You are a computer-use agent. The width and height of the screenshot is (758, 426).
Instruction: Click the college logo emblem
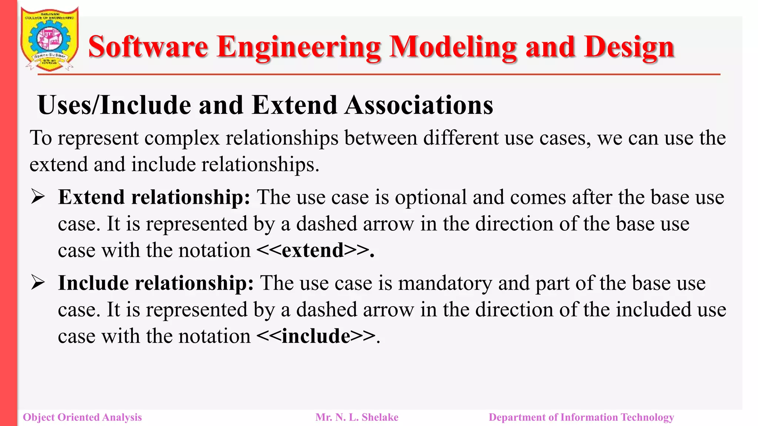point(49,39)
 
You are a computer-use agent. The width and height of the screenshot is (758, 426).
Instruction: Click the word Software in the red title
point(148,47)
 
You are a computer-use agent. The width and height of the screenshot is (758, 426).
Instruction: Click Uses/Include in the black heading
point(114,105)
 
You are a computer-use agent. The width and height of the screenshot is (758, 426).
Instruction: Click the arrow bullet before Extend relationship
point(38,197)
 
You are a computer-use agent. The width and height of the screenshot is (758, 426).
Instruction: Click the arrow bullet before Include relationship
point(38,283)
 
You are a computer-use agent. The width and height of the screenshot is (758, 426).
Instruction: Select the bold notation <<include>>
point(316,336)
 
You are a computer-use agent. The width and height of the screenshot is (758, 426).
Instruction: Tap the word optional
point(430,197)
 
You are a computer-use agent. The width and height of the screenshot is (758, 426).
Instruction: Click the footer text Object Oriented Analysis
point(82,417)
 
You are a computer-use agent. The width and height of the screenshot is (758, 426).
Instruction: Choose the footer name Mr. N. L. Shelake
point(357,417)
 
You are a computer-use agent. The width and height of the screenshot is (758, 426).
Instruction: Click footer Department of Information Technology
point(581,417)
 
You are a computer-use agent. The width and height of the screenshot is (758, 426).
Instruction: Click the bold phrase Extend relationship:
point(154,197)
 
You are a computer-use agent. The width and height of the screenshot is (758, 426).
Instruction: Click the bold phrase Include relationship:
point(156,283)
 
